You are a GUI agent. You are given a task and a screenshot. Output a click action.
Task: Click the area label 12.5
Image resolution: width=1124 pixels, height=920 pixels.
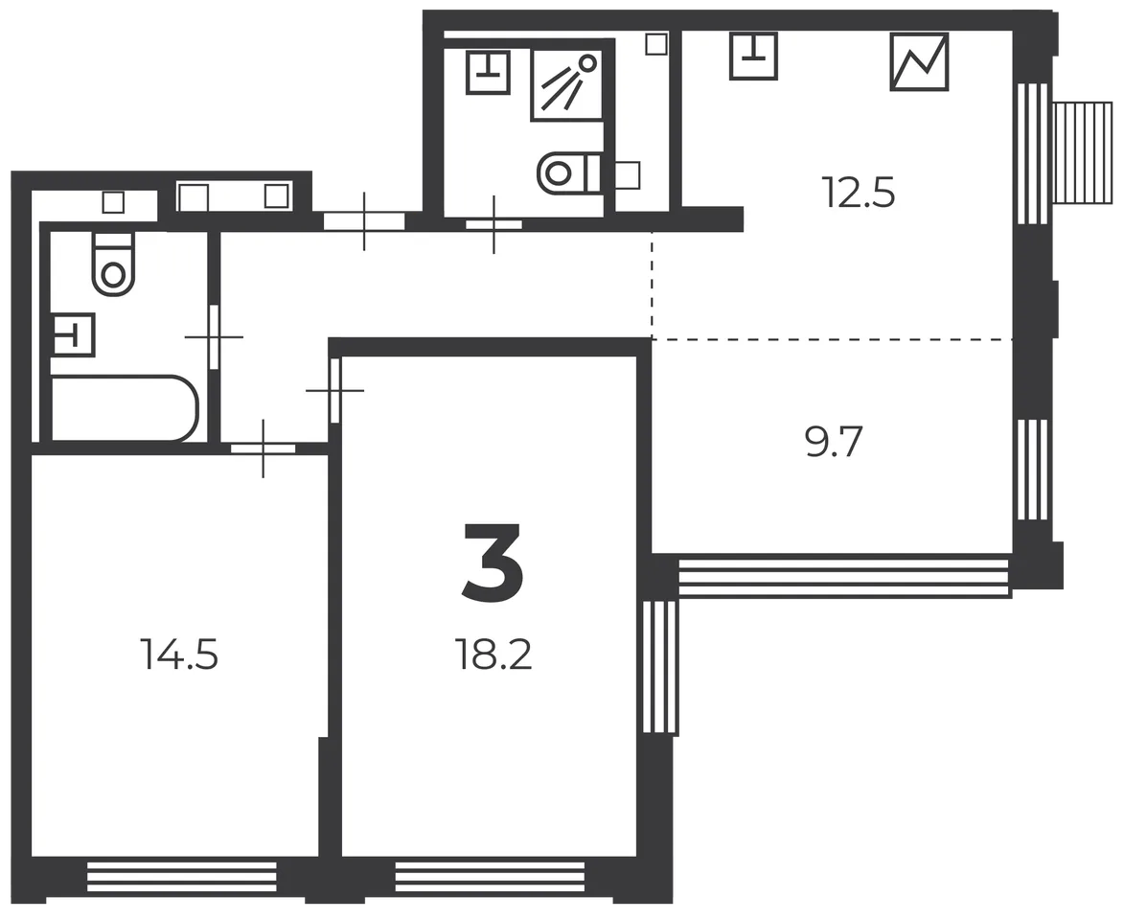[860, 193]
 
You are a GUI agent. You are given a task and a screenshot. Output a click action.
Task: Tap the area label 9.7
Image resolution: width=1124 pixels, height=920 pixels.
[833, 442]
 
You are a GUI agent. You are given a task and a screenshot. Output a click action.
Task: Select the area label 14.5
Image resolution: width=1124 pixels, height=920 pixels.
[180, 654]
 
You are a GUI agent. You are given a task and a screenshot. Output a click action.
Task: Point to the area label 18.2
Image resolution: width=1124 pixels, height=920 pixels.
[493, 654]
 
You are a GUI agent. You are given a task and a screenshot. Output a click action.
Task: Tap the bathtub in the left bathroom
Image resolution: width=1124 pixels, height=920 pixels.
[124, 407]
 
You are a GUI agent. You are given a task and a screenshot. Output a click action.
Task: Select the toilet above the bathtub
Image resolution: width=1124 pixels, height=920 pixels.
[113, 264]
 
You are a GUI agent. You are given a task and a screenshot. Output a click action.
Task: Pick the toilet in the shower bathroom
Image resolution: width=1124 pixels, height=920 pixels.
[570, 172]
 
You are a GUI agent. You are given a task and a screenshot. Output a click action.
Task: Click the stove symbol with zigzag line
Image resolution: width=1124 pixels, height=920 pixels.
[919, 61]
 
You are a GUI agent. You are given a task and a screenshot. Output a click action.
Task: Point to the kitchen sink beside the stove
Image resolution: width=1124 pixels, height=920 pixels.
[753, 56]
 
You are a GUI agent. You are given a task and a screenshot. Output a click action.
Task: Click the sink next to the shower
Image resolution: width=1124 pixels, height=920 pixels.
[488, 72]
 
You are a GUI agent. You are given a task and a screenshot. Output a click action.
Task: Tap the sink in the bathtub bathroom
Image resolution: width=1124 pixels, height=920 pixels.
[73, 334]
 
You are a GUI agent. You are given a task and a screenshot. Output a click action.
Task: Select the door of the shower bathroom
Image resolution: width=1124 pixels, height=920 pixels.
[493, 224]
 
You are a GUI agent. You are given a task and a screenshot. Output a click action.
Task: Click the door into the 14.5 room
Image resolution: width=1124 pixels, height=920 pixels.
[264, 448]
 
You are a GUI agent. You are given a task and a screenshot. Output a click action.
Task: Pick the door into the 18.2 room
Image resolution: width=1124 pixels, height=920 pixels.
[334, 391]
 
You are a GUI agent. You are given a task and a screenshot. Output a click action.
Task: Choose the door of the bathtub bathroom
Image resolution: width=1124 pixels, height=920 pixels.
[214, 337]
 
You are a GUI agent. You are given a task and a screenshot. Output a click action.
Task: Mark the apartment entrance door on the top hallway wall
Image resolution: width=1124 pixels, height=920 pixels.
[364, 220]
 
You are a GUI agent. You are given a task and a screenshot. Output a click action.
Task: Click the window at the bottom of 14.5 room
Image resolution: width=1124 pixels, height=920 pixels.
[181, 876]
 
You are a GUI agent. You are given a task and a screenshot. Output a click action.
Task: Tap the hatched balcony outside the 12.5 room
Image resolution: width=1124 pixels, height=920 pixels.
[1083, 153]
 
